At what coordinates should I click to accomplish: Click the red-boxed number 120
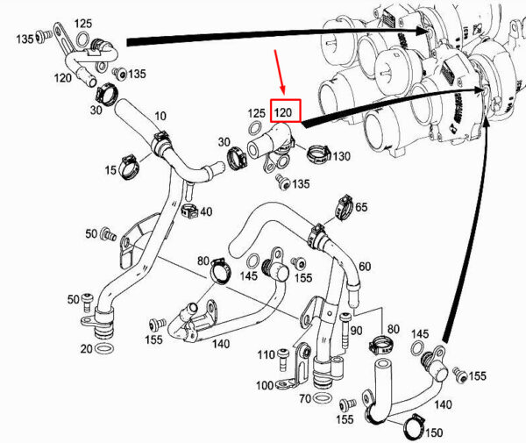click(x=283, y=112)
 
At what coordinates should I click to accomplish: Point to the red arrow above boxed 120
click(x=280, y=72)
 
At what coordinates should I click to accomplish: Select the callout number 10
click(x=160, y=116)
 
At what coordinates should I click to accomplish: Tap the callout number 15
click(x=110, y=170)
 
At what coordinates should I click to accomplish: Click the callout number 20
click(x=86, y=348)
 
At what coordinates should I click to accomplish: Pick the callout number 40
click(x=206, y=211)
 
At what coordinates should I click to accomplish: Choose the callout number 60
click(x=365, y=267)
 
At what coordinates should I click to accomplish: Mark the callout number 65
click(x=361, y=207)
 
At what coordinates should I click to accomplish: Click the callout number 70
click(x=305, y=398)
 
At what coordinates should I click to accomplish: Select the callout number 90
click(x=356, y=331)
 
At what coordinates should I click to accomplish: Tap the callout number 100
click(x=265, y=385)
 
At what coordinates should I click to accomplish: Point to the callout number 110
click(x=267, y=354)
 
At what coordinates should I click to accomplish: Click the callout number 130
click(x=342, y=156)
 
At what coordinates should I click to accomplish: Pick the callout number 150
click(x=434, y=432)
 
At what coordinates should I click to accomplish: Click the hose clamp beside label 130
click(x=318, y=154)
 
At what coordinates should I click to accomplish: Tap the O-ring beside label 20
click(x=104, y=349)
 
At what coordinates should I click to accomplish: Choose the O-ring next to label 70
click(x=323, y=398)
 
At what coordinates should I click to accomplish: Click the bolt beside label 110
click(x=283, y=360)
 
